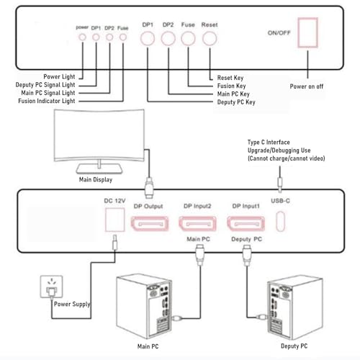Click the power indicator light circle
(82, 37)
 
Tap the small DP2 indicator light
(109, 37)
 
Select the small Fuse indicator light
(123, 37)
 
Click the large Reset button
(210, 39)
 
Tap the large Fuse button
(188, 39)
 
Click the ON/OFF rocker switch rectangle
(308, 32)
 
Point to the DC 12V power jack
(115, 220)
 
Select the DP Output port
(150, 224)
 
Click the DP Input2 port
(198, 224)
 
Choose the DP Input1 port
(246, 224)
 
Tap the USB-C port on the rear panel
(280, 221)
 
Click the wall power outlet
(52, 287)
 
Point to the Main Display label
(96, 179)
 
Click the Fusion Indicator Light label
(47, 101)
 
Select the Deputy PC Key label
(236, 102)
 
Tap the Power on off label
(307, 86)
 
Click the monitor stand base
(99, 168)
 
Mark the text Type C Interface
(269, 143)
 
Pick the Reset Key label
(230, 78)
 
